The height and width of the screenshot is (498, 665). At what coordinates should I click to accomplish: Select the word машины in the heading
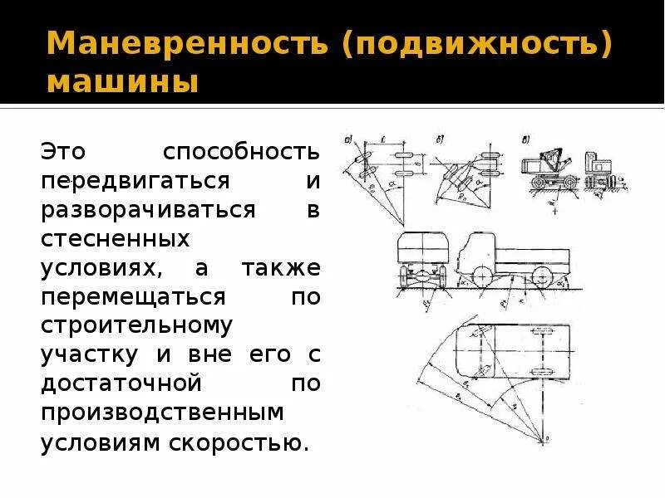[122, 84]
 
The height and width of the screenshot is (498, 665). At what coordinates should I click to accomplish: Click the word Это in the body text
[64, 152]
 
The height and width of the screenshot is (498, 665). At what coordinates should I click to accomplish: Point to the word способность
[241, 152]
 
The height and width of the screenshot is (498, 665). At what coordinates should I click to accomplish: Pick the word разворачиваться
[148, 210]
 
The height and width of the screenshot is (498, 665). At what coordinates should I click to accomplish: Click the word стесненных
[116, 239]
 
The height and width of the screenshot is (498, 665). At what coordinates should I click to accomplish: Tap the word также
[280, 268]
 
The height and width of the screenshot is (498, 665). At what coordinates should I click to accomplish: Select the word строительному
[136, 326]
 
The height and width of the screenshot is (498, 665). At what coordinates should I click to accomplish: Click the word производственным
[163, 413]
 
